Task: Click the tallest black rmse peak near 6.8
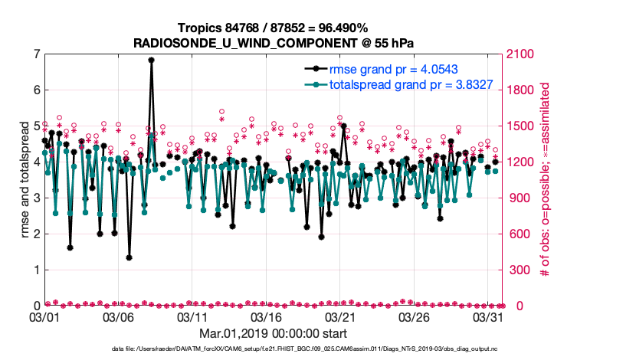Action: [151, 60]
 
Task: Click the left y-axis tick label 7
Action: [36, 54]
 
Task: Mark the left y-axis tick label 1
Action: [36, 270]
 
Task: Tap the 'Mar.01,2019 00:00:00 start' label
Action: [274, 334]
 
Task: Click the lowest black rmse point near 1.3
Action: [129, 257]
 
